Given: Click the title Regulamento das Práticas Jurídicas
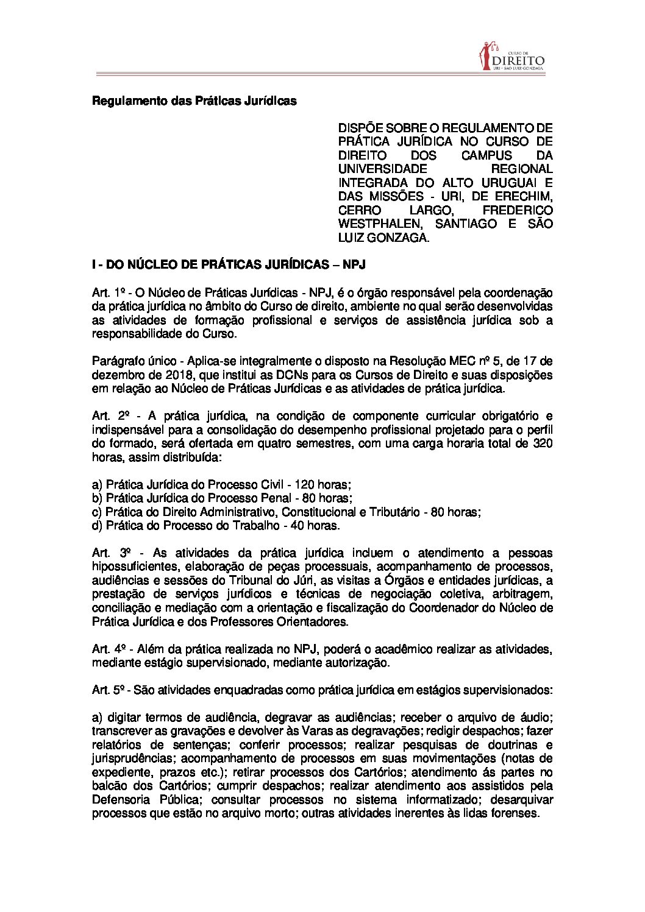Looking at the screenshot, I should pyautogui.click(x=194, y=101).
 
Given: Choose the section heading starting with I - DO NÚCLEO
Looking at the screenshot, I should pyautogui.click(x=228, y=265).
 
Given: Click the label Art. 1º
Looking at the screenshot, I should pyautogui.click(x=108, y=292).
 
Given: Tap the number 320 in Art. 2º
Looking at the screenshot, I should pyautogui.click(x=542, y=443).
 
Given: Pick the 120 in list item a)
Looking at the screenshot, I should pyautogui.click(x=304, y=484).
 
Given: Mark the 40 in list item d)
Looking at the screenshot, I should pyautogui.click(x=298, y=525).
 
